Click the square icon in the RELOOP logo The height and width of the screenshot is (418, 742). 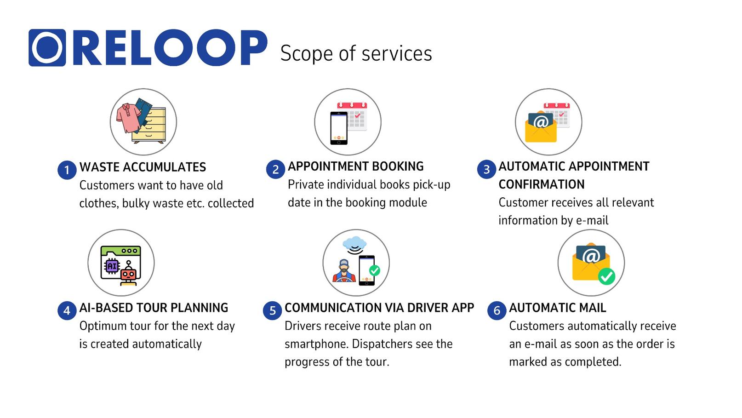[x=47, y=48]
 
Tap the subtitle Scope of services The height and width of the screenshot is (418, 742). [x=356, y=54]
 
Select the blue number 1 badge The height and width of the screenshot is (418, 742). [x=67, y=170]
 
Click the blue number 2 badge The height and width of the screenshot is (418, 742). [x=275, y=170]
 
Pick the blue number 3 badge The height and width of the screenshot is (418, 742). [x=486, y=170]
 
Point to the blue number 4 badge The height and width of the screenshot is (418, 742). [x=67, y=311]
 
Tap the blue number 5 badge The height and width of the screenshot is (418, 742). [x=273, y=311]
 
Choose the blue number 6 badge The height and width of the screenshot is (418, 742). [x=497, y=311]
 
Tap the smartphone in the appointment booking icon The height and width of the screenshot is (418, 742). [x=339, y=128]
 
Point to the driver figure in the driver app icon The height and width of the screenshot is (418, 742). [x=344, y=270]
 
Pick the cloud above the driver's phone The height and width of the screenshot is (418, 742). [x=355, y=243]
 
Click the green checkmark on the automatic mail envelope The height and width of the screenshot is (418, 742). [x=606, y=276]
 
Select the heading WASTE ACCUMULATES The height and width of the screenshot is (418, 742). [x=143, y=167]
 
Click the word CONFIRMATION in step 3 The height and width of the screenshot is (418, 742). [x=542, y=184]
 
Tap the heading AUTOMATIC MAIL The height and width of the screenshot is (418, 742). [x=558, y=308]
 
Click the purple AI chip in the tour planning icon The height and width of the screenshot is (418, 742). [x=112, y=266]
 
